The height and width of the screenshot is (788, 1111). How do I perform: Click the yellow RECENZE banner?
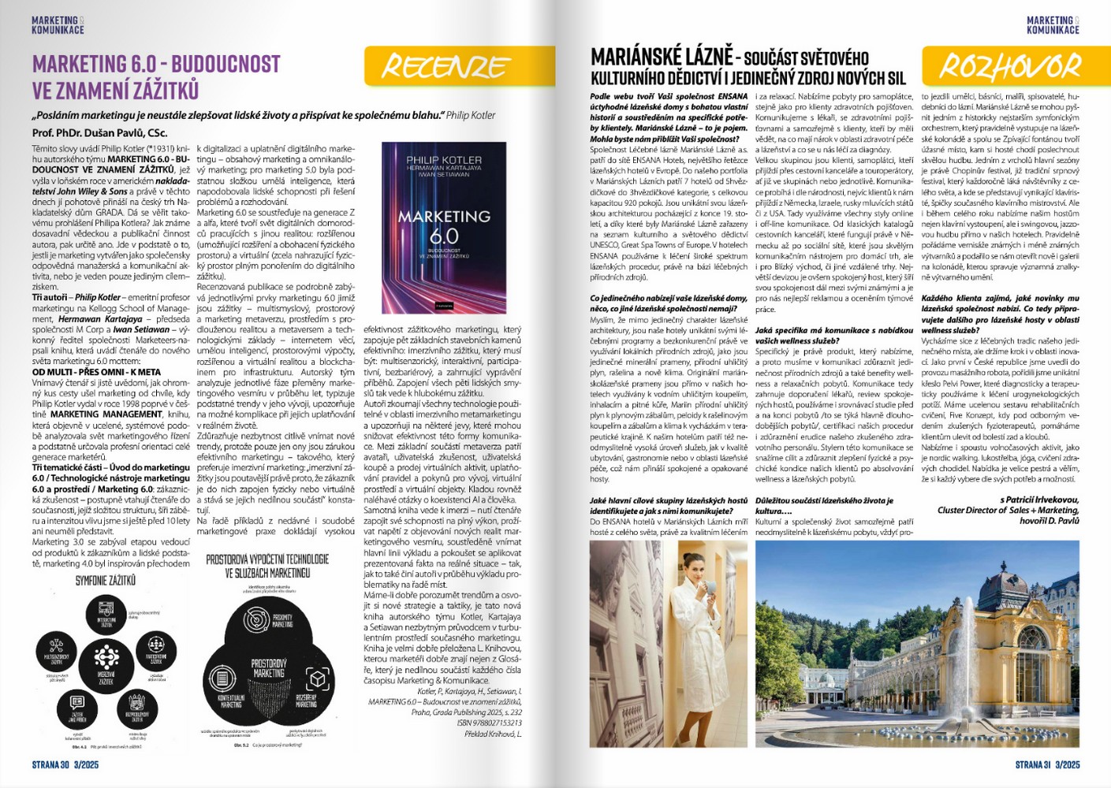coord(459,67)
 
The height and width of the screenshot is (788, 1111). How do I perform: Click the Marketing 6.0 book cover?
coord(444,228)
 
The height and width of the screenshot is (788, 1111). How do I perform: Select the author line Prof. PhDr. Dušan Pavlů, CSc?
coord(99,133)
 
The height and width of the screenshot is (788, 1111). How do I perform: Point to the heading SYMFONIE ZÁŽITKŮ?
coord(106,580)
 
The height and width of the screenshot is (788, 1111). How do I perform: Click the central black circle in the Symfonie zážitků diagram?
coord(106,657)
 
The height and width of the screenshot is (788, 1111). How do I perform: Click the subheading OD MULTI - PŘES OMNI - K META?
coord(96,372)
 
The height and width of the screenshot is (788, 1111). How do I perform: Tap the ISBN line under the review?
coord(489,723)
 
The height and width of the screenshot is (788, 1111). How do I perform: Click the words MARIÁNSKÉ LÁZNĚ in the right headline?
coord(662,57)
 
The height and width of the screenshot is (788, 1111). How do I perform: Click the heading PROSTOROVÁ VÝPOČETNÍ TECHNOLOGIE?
coord(267,565)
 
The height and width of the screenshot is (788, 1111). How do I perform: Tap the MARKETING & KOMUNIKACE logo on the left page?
coord(58,25)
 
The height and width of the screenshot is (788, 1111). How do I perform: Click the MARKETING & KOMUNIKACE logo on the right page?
coord(1053,25)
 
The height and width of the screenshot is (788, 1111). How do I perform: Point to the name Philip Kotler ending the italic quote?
coord(471,115)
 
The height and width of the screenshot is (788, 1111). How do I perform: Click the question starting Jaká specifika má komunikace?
coord(833,336)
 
